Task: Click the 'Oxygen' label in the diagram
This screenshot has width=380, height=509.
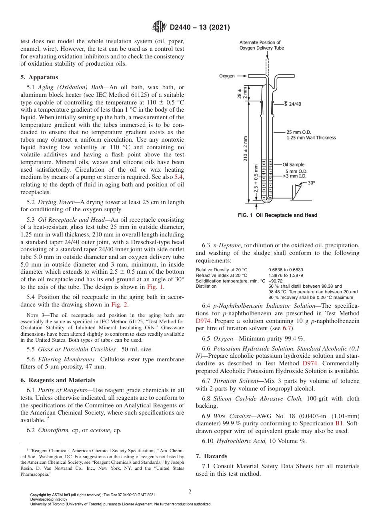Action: (x=227, y=76)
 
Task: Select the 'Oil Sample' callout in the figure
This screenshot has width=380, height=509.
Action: (x=293, y=164)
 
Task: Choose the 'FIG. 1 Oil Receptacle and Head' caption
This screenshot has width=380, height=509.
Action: (x=277, y=215)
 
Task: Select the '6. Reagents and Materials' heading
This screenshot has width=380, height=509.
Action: (x=58, y=380)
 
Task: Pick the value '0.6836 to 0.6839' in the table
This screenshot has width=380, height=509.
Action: (x=285, y=270)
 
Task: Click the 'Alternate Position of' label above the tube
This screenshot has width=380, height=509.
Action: (x=260, y=42)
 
